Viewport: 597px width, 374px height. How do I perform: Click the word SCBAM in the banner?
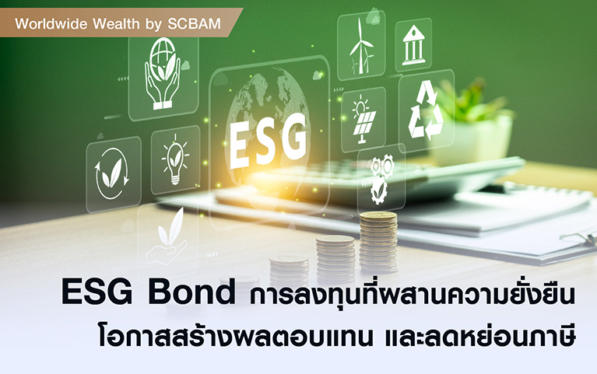pos(194,24)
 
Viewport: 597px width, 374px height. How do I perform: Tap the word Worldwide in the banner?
pos(51,24)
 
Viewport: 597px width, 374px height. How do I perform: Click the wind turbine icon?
pos(361,46)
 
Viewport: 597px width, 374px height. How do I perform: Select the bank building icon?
pos(413,45)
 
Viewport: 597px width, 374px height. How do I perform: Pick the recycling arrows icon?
pos(426,110)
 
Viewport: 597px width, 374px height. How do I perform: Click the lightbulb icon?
pos(175,159)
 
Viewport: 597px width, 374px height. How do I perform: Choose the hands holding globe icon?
pos(163,74)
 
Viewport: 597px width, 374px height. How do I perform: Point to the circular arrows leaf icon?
pos(112,173)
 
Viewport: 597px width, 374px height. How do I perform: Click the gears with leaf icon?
pos(380,178)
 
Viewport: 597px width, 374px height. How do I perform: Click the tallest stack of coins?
pos(378,242)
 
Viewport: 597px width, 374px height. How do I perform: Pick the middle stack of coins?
pos(335,259)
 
